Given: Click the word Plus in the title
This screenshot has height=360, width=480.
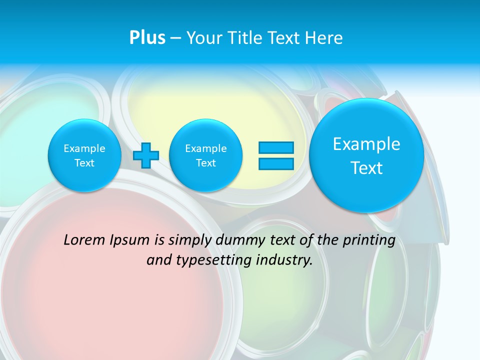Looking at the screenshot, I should [x=147, y=38].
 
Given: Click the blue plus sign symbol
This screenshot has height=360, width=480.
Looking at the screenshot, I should [x=146, y=155].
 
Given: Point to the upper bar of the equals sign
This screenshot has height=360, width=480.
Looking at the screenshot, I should [x=276, y=148].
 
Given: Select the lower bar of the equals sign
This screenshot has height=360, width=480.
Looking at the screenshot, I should [x=276, y=163].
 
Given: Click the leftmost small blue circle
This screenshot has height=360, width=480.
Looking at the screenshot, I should [x=84, y=155].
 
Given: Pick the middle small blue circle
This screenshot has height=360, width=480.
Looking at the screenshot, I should [x=206, y=155].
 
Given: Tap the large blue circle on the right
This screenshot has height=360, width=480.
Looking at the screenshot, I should [x=366, y=155].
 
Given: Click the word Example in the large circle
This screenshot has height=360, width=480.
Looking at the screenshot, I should [x=366, y=144].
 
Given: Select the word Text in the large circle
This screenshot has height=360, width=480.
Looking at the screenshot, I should [x=366, y=168].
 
